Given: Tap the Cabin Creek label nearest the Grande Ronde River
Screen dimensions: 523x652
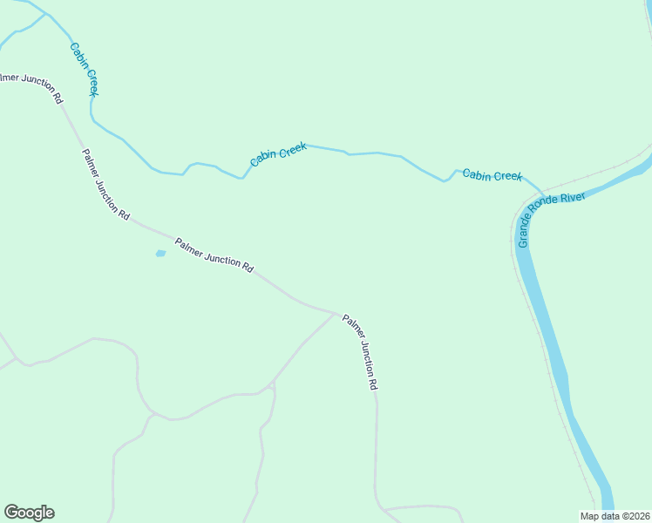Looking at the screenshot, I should coord(492,175).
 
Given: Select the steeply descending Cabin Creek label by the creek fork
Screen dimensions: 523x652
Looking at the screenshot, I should coord(85,69).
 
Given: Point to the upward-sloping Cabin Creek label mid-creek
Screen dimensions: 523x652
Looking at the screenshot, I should coord(278,155).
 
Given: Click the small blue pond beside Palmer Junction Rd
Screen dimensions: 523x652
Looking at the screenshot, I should coord(160,254).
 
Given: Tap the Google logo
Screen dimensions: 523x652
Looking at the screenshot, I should coord(29,513).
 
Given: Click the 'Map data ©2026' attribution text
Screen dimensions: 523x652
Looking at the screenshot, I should coord(615,516).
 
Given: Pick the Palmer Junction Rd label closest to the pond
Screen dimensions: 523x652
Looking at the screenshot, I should coord(214,256).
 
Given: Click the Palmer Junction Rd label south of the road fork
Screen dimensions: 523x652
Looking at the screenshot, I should coord(360,352).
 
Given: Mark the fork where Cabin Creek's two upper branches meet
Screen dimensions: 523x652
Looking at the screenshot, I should coord(46,14).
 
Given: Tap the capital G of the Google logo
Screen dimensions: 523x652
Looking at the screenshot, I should coord(11,512).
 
